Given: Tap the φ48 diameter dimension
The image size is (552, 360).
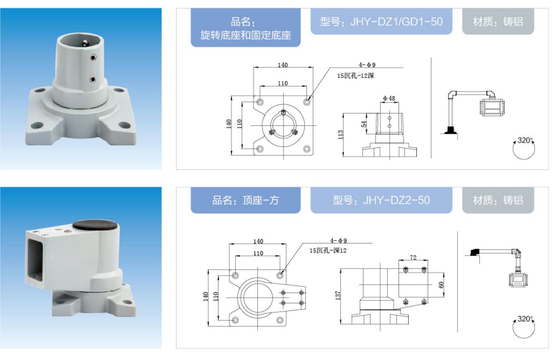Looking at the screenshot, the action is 389,98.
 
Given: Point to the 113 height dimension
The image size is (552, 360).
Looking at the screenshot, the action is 340,134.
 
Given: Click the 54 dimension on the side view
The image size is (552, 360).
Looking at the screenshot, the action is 363,124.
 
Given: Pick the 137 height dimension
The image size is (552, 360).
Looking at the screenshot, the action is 338,295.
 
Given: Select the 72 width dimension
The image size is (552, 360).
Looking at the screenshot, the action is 413,257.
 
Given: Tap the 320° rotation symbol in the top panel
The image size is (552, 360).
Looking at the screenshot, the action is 524,148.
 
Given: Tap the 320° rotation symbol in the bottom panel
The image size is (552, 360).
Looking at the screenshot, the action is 524,327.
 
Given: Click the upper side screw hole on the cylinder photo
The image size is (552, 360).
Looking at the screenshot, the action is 93,58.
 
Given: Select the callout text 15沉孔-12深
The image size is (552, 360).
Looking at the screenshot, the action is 356,76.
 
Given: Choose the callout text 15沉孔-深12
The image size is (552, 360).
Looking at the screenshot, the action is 328,250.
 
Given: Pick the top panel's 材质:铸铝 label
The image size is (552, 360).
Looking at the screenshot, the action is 498,22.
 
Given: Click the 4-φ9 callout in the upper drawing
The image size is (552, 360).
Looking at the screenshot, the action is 367,65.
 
